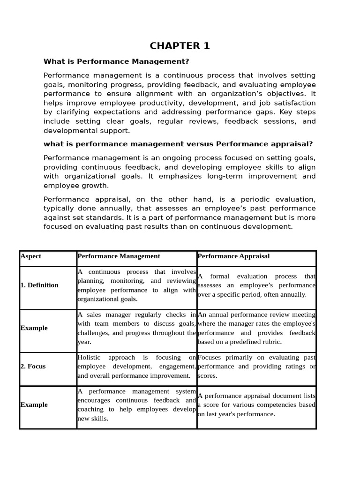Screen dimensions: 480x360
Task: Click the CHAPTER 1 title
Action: tap(180, 46)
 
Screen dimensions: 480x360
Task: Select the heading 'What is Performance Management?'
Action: tap(116, 61)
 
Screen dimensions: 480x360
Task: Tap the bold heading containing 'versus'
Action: tap(178, 144)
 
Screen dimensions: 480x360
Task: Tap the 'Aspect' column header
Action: tap(31, 256)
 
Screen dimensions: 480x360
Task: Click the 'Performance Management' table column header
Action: tap(119, 256)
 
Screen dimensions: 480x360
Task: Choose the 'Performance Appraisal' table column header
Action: tap(233, 256)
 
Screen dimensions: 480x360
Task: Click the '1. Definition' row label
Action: tap(39, 285)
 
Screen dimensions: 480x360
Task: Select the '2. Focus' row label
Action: tap(33, 366)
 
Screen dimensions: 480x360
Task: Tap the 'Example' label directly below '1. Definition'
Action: tap(34, 328)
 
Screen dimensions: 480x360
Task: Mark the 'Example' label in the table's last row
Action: tap(34, 405)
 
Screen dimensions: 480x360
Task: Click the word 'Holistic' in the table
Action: tap(89, 357)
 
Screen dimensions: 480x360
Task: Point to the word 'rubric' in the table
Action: tap(271, 342)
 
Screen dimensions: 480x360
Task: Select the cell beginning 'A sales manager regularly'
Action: tap(136, 328)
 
